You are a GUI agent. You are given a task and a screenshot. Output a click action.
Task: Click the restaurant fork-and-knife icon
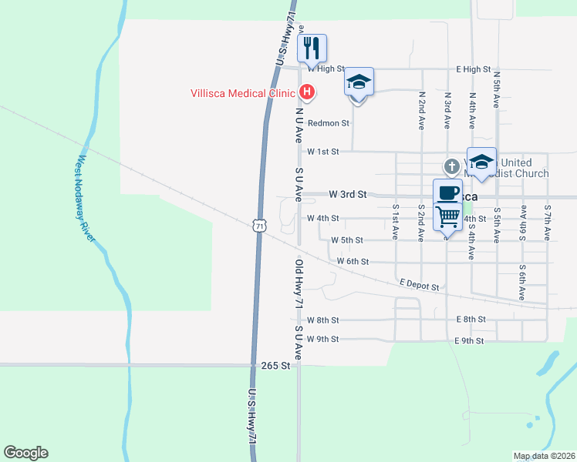[x=312, y=49]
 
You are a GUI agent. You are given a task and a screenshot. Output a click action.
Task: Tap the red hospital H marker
[x=307, y=93]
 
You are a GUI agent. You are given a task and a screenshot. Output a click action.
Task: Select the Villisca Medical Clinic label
[x=243, y=94]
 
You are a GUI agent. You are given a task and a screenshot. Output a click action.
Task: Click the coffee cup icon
[x=447, y=192]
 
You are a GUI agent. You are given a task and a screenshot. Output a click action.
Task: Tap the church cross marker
[x=451, y=166]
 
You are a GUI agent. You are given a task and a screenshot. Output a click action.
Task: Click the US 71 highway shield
[x=259, y=224]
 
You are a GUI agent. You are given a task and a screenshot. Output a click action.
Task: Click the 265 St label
[x=275, y=366]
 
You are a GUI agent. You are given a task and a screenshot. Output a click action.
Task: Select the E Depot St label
[x=419, y=286]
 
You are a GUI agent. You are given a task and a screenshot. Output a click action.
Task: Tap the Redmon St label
[x=328, y=123]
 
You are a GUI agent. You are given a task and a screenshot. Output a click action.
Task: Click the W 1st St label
[x=322, y=152]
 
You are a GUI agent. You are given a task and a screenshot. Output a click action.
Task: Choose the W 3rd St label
[x=346, y=195]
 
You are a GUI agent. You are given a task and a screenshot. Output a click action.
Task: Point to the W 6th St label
[x=353, y=262]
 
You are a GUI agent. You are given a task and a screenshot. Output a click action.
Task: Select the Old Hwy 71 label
[x=298, y=283]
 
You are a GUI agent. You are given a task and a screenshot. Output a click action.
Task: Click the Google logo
[x=25, y=453]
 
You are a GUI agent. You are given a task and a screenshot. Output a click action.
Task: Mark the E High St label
[x=473, y=69]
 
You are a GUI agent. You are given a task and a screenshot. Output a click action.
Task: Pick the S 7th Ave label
[x=547, y=219]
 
